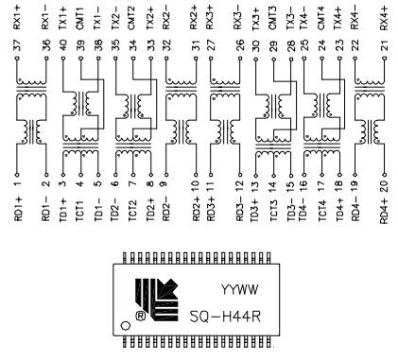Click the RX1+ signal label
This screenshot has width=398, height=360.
tap(17, 18)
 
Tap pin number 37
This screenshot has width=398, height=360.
tap(17, 45)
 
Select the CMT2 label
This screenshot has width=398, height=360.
tap(132, 18)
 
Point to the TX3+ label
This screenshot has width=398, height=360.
tap(256, 18)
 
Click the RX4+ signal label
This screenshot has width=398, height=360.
tap(384, 18)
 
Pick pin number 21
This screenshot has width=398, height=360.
tap(384, 45)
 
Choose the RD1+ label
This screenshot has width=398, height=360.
tap(18, 209)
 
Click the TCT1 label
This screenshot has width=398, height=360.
tap(80, 210)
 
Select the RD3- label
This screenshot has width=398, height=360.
tap(240, 209)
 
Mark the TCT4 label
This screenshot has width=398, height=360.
tap(322, 210)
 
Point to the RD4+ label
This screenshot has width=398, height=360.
tap(384, 210)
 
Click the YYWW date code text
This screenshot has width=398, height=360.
tap(239, 290)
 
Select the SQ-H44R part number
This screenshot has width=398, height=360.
tap(225, 317)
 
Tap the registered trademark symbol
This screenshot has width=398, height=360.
tap(141, 316)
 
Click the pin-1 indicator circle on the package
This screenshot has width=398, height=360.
tap(126, 325)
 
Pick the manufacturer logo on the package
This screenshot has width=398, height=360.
tap(157, 300)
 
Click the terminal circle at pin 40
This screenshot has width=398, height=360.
tap(63, 59)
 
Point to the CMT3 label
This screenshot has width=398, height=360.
tap(273, 18)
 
